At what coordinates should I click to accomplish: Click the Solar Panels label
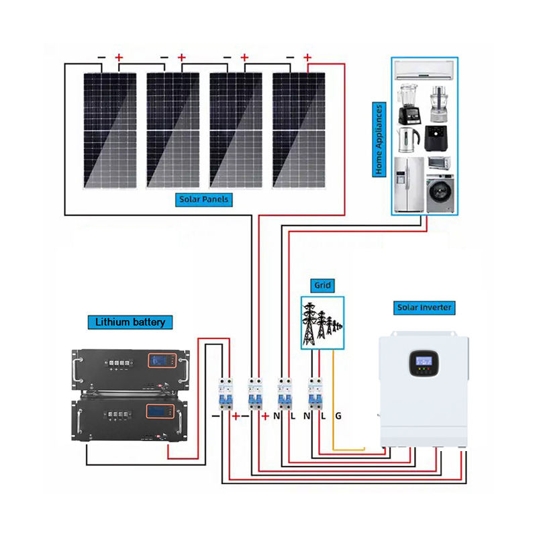tap(204, 199)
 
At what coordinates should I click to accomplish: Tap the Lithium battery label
tap(130, 322)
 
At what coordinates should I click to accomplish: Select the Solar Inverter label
tap(424, 307)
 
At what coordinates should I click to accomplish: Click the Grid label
tap(322, 285)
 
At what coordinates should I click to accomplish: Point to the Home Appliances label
tap(379, 140)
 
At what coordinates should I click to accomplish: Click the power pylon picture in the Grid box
tap(322, 324)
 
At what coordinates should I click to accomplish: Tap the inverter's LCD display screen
tap(424, 360)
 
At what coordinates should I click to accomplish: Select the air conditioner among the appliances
tap(424, 70)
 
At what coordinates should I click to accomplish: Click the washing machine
tap(440, 193)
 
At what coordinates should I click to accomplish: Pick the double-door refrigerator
tap(409, 185)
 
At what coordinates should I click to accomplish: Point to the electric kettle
tap(408, 140)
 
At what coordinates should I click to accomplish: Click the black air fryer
tap(436, 138)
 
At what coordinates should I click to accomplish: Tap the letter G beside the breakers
tap(338, 416)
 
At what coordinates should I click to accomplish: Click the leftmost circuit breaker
tap(226, 393)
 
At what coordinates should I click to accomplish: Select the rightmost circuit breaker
tap(315, 393)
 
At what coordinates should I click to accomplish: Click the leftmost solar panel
tap(110, 130)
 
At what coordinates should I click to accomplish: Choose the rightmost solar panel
tap(299, 130)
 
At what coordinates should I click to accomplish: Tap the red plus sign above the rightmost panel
tap(307, 57)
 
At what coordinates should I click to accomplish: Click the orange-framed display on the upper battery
tap(162, 360)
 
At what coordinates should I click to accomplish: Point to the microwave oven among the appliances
tap(439, 163)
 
